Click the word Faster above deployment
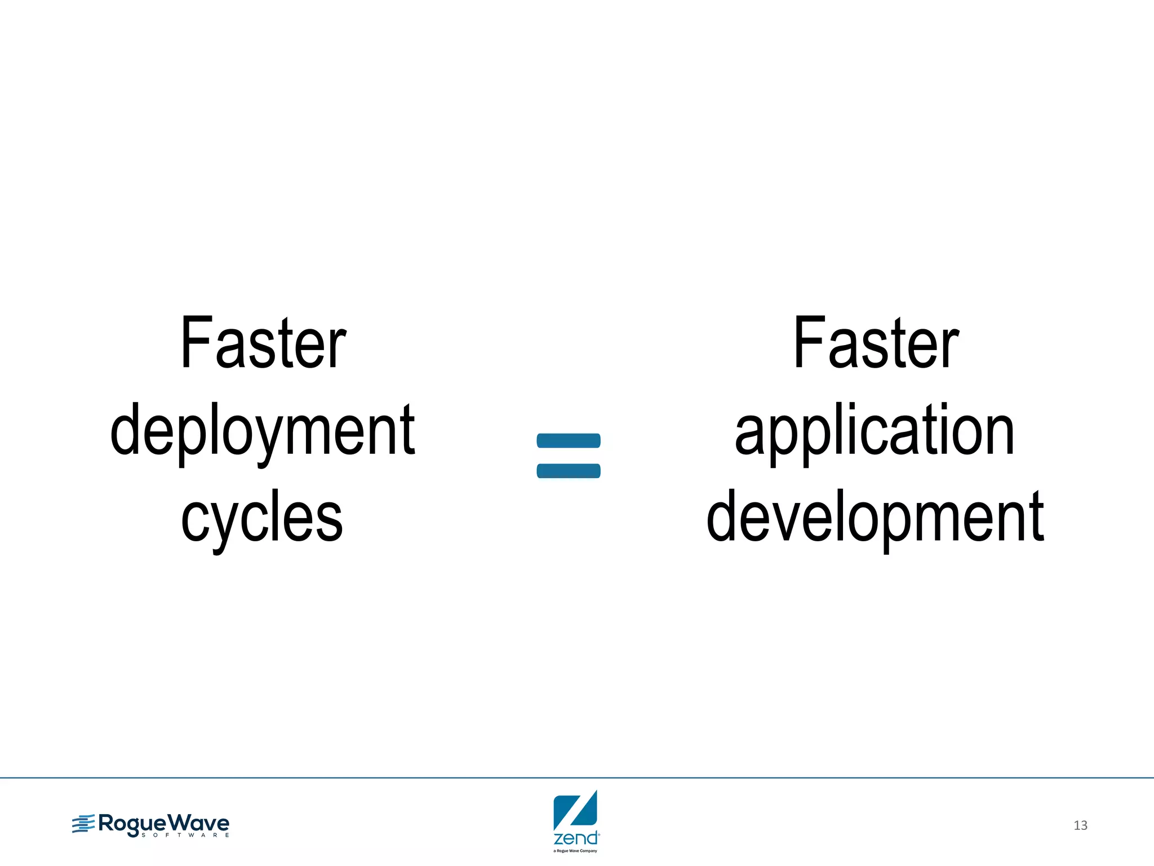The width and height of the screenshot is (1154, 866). (x=263, y=344)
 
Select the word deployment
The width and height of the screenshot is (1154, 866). (x=263, y=431)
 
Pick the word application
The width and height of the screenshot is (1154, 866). (x=875, y=431)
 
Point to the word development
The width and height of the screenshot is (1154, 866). (x=875, y=518)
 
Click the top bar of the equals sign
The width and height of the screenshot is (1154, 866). (x=569, y=440)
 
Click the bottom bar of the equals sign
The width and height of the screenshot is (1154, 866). (x=569, y=471)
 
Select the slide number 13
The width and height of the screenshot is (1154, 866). (x=1080, y=825)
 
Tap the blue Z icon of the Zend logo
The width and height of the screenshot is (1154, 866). (x=575, y=810)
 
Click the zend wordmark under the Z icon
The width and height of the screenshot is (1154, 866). (x=575, y=838)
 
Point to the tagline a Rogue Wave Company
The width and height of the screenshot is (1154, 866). (x=575, y=851)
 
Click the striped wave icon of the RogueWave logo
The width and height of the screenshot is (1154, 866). (x=83, y=824)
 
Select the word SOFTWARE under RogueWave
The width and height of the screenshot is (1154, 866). (x=185, y=835)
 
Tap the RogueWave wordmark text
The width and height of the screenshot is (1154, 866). (x=163, y=823)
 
